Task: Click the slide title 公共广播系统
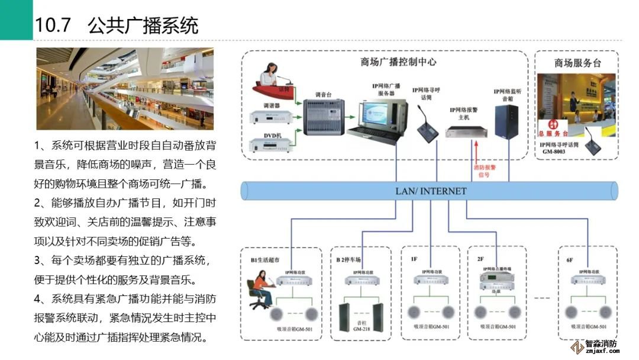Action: click(143, 26)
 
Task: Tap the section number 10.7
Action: click(53, 26)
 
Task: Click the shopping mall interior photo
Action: click(124, 89)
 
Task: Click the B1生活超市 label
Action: click(264, 260)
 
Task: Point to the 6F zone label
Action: click(569, 259)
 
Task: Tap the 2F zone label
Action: click(480, 259)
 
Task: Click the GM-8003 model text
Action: click(554, 151)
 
